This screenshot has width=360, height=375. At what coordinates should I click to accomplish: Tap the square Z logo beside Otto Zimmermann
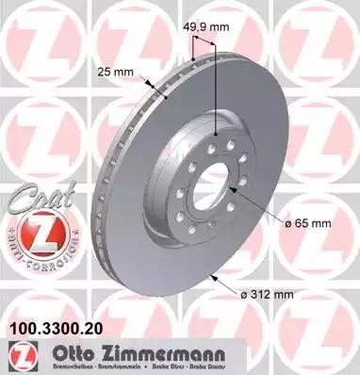click(22, 353)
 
